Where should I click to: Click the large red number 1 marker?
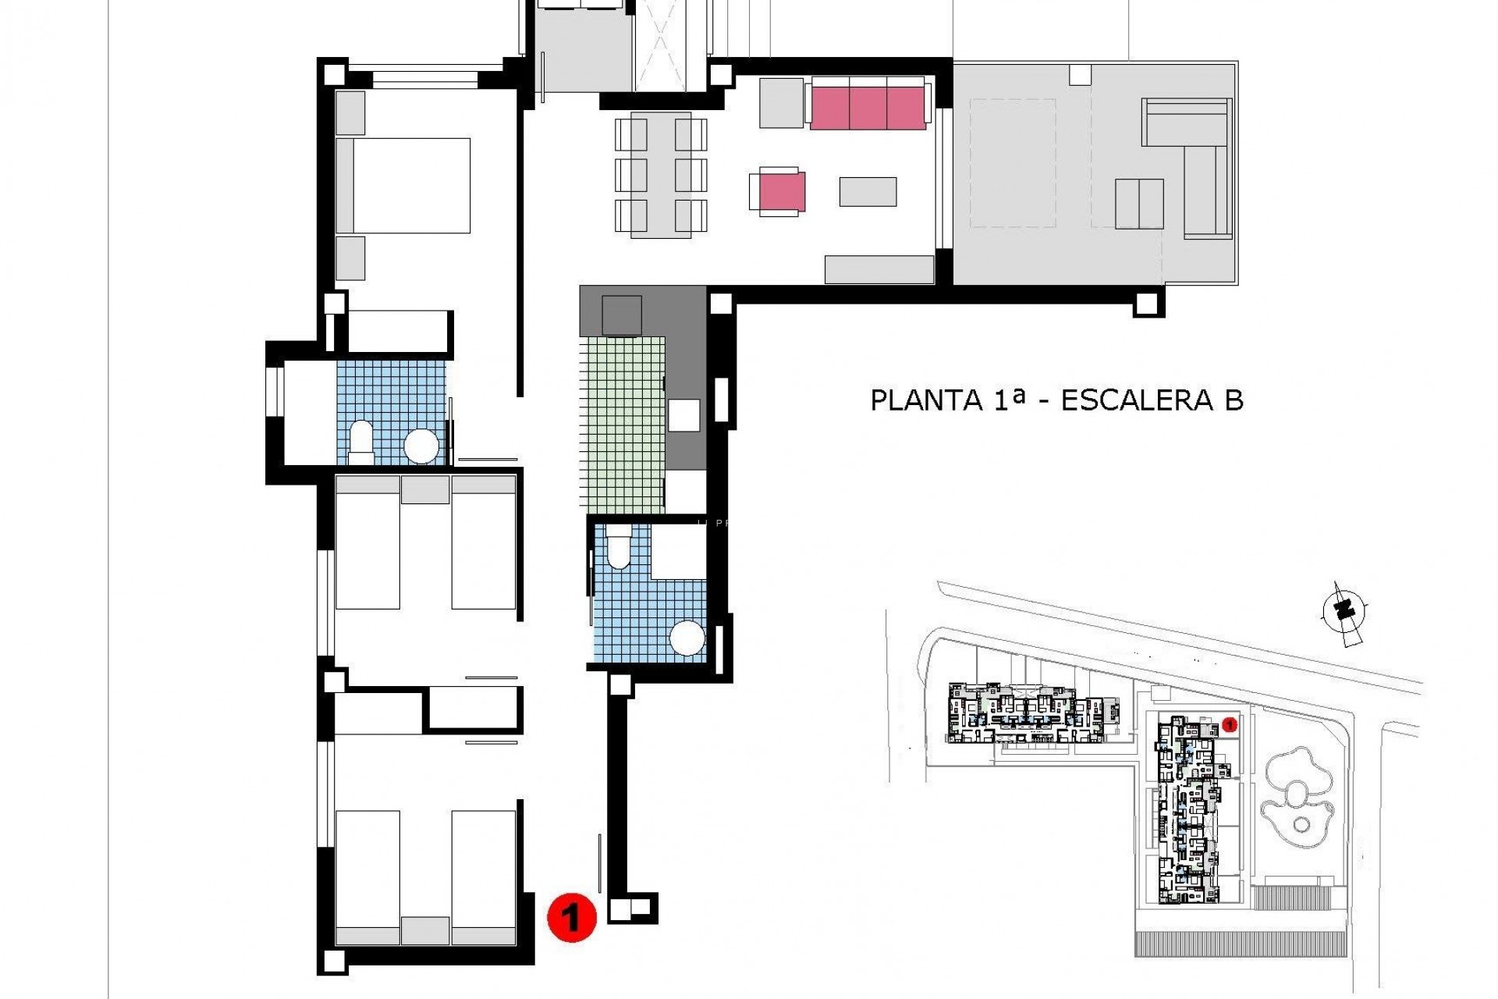coord(572,919)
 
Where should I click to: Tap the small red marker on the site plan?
coord(1230,725)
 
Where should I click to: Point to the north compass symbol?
coord(1344,611)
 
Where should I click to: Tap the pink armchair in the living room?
coord(778,191)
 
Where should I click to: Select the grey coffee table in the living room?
coord(868,192)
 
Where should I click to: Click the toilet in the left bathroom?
coord(361,439)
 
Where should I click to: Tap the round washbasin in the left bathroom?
coord(422,446)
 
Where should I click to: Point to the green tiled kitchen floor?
coord(621,425)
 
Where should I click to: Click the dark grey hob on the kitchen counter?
coord(622,316)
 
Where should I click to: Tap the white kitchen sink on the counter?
coord(683,414)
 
